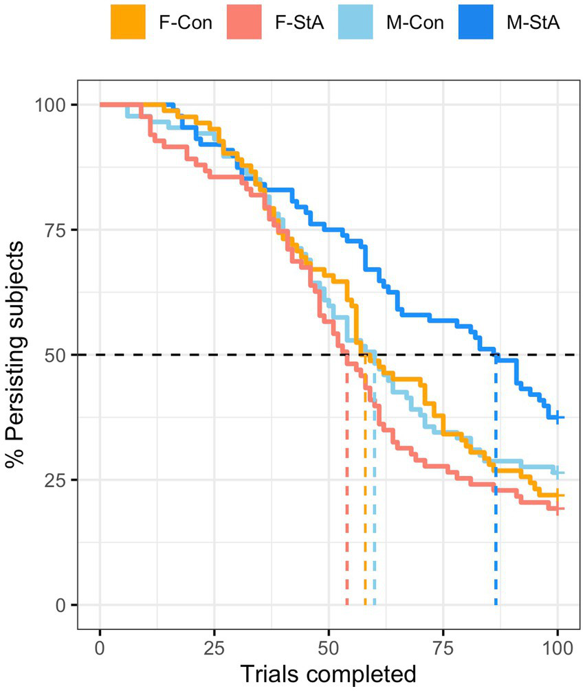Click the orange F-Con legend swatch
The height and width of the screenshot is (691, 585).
tap(127, 23)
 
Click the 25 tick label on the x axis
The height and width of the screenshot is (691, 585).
tap(214, 648)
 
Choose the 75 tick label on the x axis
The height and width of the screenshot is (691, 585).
tap(443, 648)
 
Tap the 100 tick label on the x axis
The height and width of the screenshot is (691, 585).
tap(557, 648)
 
